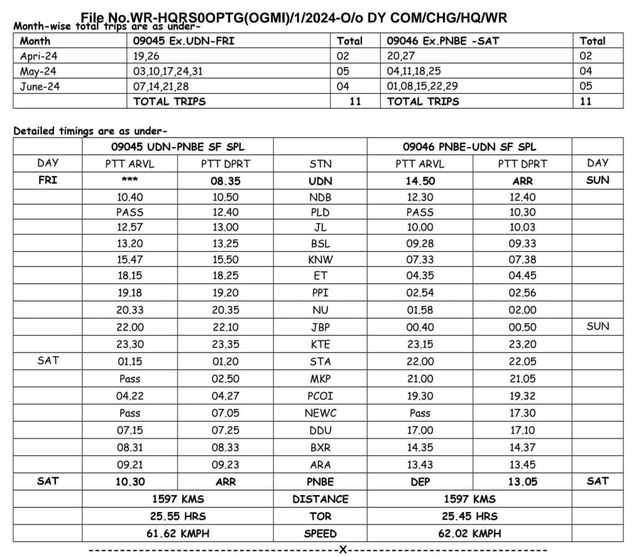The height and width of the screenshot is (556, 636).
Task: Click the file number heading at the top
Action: pos(294,17)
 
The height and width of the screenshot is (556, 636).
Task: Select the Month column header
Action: pos(35,41)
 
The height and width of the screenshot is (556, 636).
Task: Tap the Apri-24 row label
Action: pos(39,56)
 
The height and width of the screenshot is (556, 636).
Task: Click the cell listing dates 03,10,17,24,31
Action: pos(168,71)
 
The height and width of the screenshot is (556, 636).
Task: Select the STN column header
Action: pos(320,164)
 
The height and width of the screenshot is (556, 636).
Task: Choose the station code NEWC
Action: pos(320,413)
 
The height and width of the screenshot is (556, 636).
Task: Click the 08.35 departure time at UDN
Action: pos(225,181)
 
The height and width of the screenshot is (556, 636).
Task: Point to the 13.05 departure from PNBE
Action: pos(522,482)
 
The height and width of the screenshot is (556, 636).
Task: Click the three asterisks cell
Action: pos(129,181)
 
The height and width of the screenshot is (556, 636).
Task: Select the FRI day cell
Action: pos(48,181)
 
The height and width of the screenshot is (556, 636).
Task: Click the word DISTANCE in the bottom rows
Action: pos(320,499)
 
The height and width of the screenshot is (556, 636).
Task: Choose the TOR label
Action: pos(320,516)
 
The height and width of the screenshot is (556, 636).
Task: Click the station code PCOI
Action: pos(320,396)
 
